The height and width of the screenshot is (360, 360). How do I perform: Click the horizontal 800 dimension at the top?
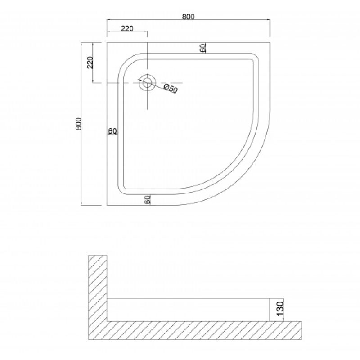tap(188, 17)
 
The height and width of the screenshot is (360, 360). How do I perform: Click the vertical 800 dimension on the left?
tap(78, 124)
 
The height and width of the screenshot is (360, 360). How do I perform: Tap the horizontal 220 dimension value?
tap(127, 29)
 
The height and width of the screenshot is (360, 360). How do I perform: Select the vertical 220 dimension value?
tap(90, 63)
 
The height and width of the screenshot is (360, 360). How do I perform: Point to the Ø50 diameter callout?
tap(171, 89)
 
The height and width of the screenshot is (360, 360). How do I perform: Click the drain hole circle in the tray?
tap(147, 83)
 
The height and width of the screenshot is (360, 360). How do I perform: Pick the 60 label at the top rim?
tap(203, 48)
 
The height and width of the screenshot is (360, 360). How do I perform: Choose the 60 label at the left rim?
tap(112, 131)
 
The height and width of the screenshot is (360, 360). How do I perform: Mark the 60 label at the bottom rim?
tap(148, 199)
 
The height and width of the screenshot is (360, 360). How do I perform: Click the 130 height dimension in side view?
tap(280, 309)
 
